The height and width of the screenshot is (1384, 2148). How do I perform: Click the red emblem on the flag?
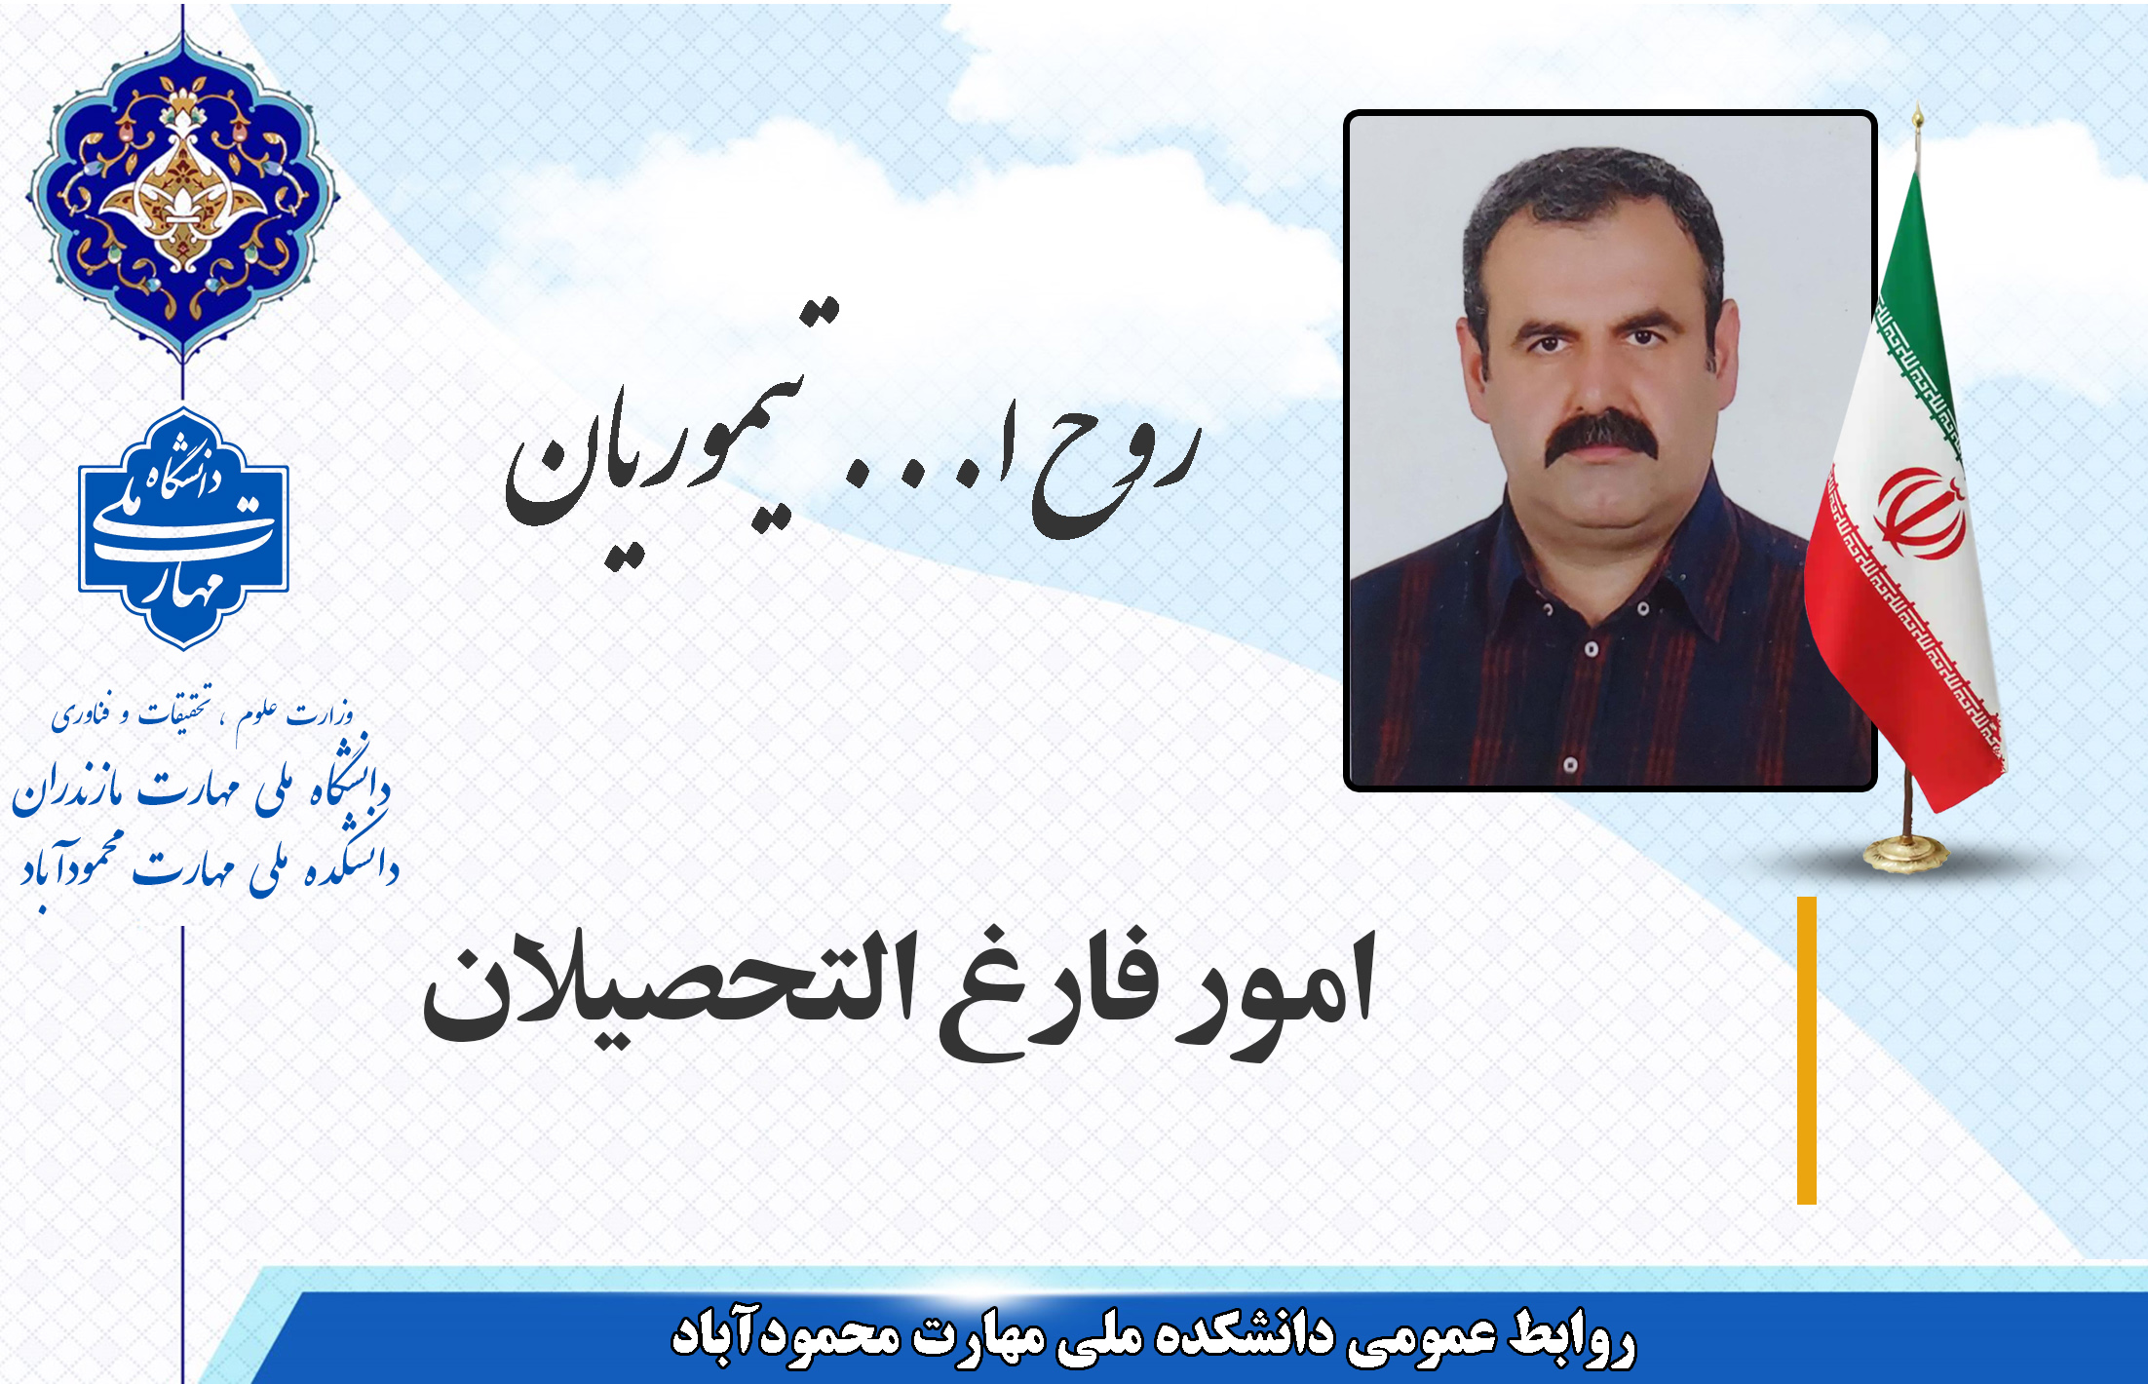coord(1920,514)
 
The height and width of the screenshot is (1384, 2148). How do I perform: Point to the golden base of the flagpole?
coord(1904,853)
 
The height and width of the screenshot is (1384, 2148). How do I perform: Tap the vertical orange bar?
coord(1806,1051)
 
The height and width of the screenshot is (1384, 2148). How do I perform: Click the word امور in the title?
coord(1277,989)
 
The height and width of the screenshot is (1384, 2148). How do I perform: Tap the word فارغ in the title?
coord(1048,994)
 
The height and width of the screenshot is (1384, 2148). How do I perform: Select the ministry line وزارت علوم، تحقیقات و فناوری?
coord(203,713)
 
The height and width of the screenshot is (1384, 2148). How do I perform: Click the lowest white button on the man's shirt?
coord(1570,765)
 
